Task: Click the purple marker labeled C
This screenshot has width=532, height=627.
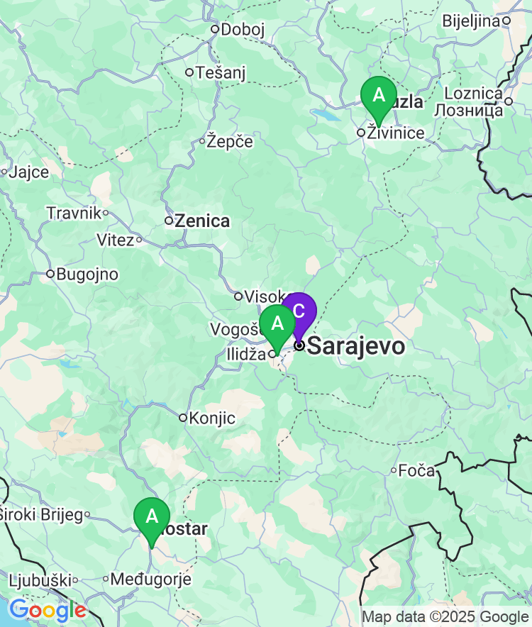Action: pos(299,311)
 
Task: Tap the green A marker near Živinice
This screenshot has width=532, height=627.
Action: pos(378,96)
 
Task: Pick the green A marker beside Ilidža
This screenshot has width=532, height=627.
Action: pos(277,324)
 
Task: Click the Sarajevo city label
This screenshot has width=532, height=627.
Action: pos(356,346)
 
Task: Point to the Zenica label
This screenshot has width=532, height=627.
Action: pos(202,221)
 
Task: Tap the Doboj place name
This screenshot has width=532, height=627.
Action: pos(243,29)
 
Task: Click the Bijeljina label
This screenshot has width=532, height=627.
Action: pos(471,21)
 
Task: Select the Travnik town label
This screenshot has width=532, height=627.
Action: pos(73,212)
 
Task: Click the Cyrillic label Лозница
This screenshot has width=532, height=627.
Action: pos(468,110)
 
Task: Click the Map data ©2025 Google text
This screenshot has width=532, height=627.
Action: pos(445,617)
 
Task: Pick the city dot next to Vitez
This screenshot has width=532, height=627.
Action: pos(139,240)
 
